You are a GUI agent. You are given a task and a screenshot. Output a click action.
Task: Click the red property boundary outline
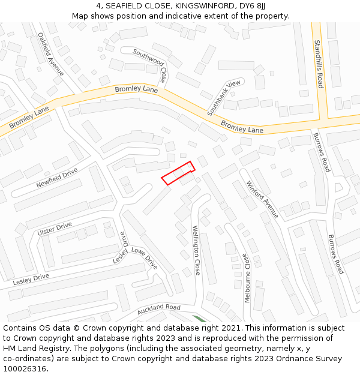point(178,173)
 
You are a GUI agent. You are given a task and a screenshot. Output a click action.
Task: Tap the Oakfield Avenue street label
point(50,54)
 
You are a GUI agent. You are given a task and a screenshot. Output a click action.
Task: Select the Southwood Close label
point(150,65)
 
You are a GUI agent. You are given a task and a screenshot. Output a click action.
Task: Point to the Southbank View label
point(224,98)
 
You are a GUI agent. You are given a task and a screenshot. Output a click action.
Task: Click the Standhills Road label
point(319,64)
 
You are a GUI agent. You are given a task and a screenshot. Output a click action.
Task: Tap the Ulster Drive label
point(55,229)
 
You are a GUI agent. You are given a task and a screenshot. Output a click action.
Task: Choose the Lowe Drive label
point(144,257)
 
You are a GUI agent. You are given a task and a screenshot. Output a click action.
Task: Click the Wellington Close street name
point(196,250)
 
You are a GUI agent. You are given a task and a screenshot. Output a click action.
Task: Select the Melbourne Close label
point(247,277)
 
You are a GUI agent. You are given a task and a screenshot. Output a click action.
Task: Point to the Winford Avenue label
point(263,199)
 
